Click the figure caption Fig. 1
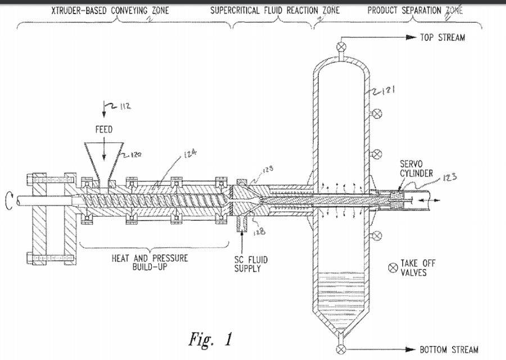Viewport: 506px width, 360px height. pos(209,339)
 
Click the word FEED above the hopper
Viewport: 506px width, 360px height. pos(103,129)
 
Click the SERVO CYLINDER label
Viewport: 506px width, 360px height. pos(417,169)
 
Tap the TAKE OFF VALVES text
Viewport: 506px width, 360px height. pos(418,267)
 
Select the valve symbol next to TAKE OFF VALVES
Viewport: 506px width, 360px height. pos(391,267)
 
